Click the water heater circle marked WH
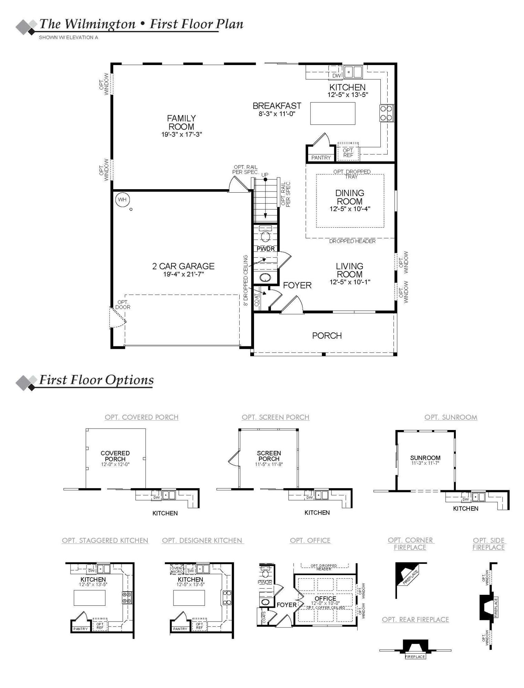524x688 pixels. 122,200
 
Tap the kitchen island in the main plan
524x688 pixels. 333,114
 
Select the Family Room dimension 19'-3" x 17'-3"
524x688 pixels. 181,135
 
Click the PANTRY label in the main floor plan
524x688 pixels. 321,158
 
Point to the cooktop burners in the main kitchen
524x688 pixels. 386,113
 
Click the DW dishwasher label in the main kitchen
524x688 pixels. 336,76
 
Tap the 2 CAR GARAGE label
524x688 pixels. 183,266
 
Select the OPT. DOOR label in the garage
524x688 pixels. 123,305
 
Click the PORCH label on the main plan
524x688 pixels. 327,335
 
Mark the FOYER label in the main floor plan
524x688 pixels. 297,285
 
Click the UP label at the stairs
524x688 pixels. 264,175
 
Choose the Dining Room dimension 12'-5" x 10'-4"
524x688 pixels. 350,209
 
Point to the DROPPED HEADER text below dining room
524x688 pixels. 352,241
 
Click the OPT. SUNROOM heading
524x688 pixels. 451,417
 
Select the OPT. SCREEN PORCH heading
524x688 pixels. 275,417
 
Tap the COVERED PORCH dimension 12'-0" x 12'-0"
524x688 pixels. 115,464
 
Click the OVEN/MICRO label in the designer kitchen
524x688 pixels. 177,570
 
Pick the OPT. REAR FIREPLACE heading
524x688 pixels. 415,620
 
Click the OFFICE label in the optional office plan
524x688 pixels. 325,599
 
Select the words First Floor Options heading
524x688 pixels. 96,380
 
